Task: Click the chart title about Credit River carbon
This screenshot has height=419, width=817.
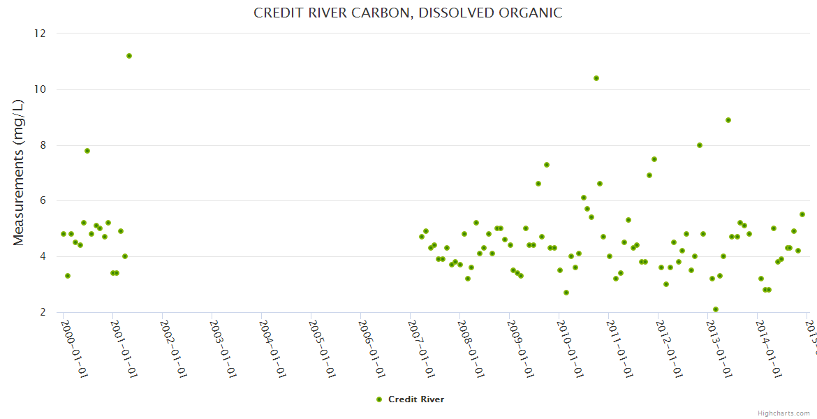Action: pos(407,13)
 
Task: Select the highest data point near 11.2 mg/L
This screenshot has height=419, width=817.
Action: pos(129,56)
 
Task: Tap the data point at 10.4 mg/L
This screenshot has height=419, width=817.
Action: pos(596,78)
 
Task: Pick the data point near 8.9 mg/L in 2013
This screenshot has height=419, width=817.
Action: pos(728,120)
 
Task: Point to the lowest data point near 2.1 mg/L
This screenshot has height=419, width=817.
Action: pos(716,309)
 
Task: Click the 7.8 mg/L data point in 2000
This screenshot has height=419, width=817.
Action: pos(87,151)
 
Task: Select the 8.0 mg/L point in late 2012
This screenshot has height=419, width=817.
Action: pos(700,145)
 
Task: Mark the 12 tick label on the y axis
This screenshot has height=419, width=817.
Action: pos(40,34)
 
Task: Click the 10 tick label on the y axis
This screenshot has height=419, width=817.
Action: pos(40,89)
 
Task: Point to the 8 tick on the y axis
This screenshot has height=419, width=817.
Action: pos(43,145)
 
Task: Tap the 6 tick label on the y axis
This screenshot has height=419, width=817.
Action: pos(43,200)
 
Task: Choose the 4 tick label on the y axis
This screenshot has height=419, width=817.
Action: pos(43,256)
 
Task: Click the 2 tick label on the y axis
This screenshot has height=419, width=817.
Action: pos(43,312)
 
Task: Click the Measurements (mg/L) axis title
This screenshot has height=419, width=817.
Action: pos(19,172)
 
